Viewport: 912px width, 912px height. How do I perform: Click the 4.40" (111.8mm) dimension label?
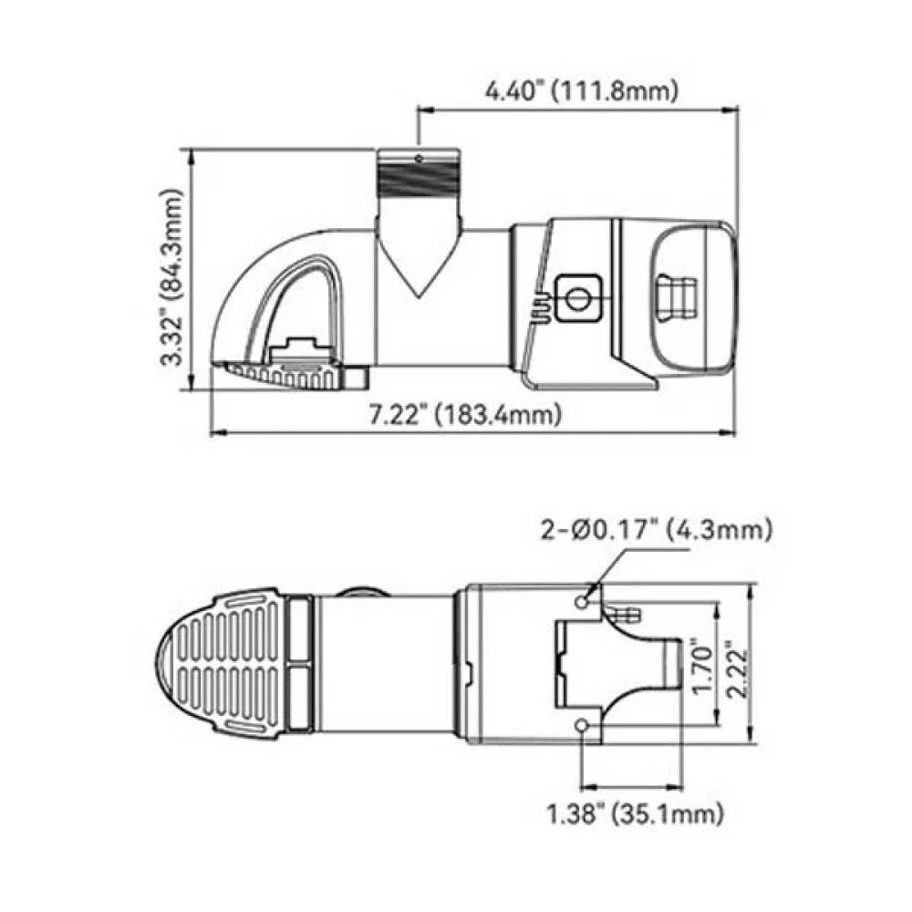(582, 91)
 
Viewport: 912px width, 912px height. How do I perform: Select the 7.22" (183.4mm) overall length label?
(466, 415)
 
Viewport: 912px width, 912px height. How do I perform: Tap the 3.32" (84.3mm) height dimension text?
(171, 277)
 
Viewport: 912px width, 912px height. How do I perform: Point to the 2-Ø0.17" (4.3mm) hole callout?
(657, 530)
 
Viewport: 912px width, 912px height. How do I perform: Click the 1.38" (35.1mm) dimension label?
(636, 814)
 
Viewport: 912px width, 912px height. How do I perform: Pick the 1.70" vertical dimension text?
(702, 665)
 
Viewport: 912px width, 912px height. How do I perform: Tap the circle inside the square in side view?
(577, 299)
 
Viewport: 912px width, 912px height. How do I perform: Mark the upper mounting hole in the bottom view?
(582, 601)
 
